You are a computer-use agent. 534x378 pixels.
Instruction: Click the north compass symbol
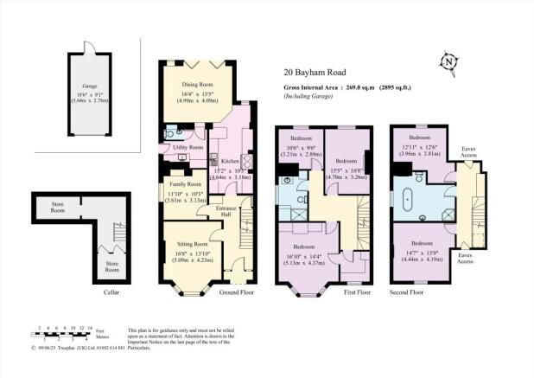tap(448, 62)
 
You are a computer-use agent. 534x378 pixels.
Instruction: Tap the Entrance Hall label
tap(226, 213)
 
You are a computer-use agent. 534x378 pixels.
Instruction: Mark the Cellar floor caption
tap(111, 293)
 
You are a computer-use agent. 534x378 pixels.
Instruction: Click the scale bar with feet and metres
tap(60, 334)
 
